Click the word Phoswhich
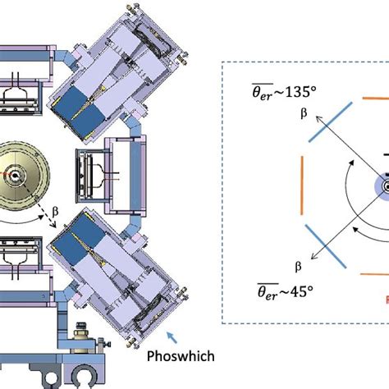point(181,356)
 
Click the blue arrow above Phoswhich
point(172,337)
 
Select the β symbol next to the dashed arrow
point(55,212)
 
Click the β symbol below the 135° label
point(304,113)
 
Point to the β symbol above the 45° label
point(298,266)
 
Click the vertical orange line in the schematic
point(302,185)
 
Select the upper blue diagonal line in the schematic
point(330,122)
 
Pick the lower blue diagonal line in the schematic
point(326,246)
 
